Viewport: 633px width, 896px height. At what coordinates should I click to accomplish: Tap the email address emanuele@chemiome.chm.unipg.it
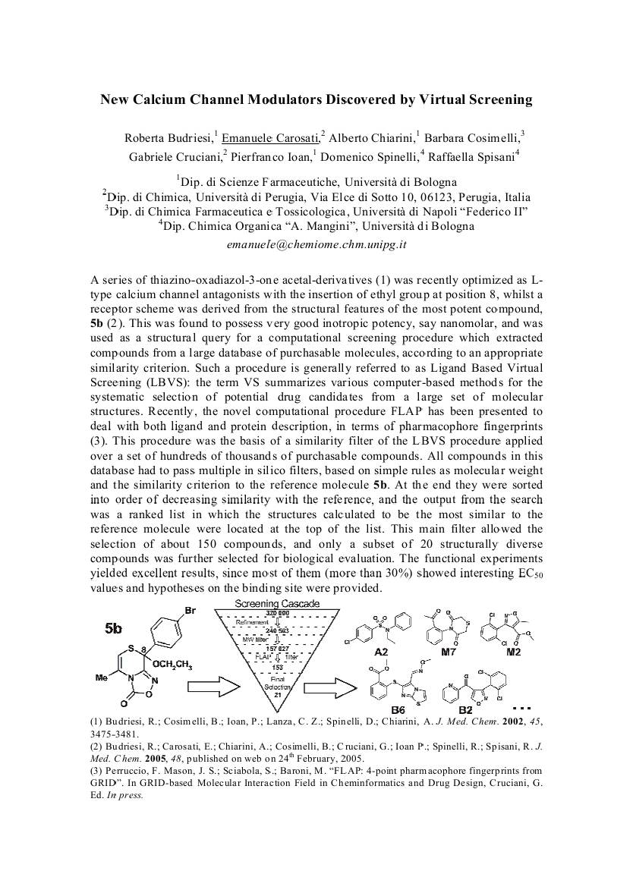317,245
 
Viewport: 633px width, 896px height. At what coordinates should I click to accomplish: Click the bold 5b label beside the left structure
113,627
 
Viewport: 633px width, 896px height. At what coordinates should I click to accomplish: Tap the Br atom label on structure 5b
191,609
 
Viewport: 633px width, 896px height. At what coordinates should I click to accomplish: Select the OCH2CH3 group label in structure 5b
169,666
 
